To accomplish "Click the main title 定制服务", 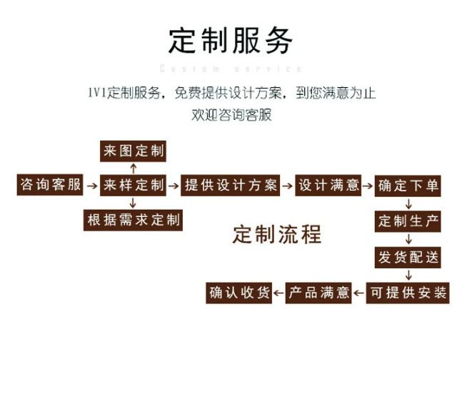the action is click(x=231, y=41).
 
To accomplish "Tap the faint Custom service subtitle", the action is click(x=231, y=69).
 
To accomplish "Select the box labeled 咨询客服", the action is click(x=51, y=186).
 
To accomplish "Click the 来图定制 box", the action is click(x=133, y=151).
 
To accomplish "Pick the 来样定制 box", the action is click(x=133, y=186).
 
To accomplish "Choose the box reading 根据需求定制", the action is click(x=133, y=220).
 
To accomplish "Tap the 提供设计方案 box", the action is click(x=230, y=186).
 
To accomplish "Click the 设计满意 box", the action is click(x=328, y=186).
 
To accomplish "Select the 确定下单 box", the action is click(x=408, y=186).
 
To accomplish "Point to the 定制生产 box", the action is click(x=408, y=221).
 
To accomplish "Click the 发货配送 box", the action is click(x=408, y=257).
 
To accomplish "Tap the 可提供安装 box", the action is click(x=408, y=293).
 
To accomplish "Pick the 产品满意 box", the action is click(x=319, y=293).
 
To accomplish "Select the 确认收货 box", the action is click(x=240, y=293).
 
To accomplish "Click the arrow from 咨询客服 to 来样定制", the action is click(x=91, y=186).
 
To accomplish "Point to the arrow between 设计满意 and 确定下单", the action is click(x=368, y=186).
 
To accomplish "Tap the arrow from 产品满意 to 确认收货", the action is click(x=279, y=293).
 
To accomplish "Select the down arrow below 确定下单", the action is click(x=408, y=203).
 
